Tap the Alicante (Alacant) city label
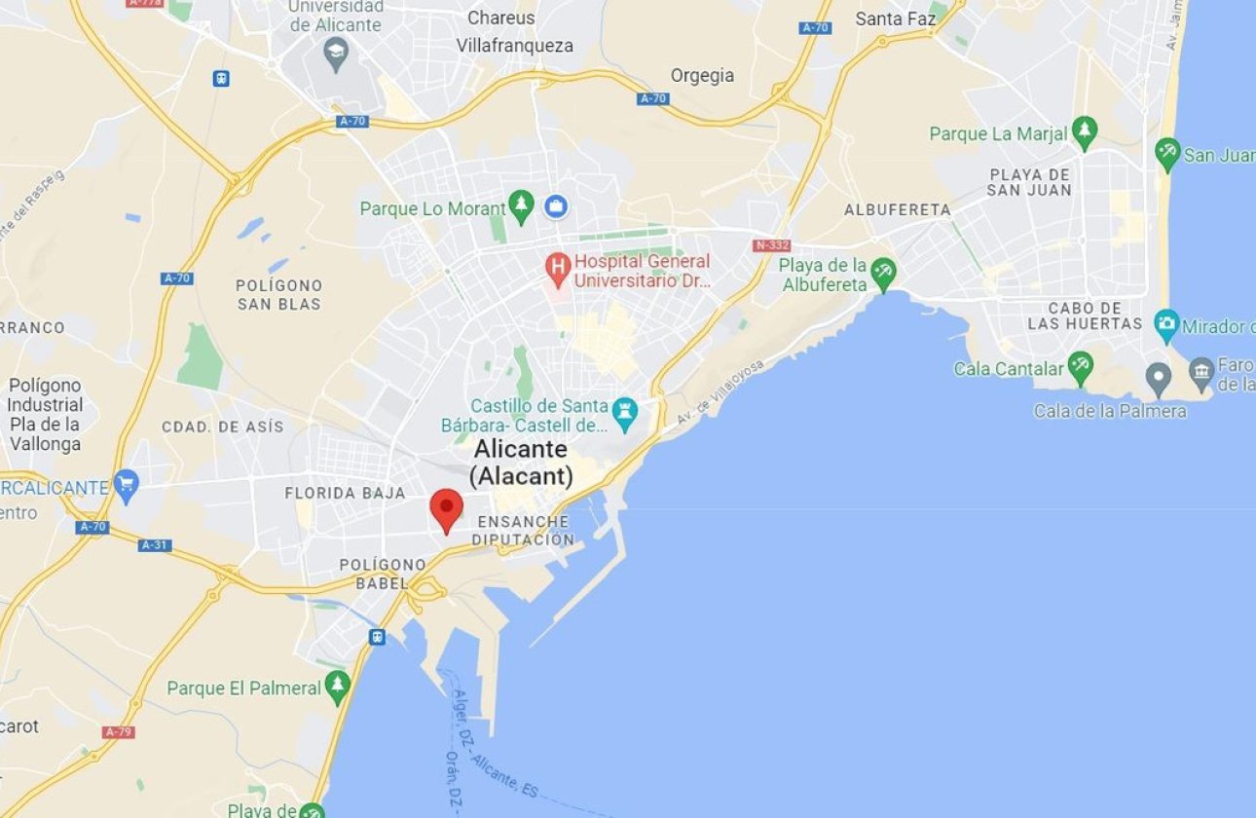[521, 463]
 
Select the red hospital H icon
[557, 269]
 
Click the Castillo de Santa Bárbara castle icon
[624, 415]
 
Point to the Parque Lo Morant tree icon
[522, 205]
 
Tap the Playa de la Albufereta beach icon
[883, 273]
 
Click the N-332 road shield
[771, 245]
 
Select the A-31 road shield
[155, 545]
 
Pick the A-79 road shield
[118, 731]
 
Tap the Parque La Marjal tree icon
[1084, 132]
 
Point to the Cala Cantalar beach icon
[1080, 367]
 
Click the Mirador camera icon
[1166, 325]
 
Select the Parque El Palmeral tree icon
[337, 687]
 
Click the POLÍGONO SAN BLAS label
[278, 294]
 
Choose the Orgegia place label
[702, 75]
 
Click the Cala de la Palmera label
[1110, 411]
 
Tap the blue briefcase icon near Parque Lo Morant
[556, 205]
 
